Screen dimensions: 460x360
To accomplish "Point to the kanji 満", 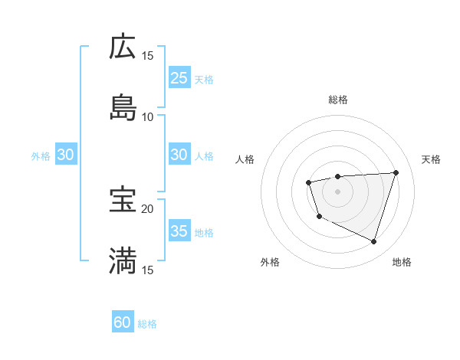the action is pos(123,260).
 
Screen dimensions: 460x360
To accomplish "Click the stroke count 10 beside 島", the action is pos(147,116).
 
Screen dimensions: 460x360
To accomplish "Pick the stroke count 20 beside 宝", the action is pos(147,208).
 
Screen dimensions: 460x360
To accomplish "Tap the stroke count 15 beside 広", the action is pos(147,56).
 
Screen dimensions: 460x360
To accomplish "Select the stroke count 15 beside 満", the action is pos(147,270).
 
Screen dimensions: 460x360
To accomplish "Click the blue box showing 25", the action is pos(179,77).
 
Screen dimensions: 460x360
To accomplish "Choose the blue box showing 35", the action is pos(179,231).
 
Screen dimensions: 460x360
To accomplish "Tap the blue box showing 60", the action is pos(123,322).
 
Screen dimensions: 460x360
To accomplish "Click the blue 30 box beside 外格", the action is pos(66,155).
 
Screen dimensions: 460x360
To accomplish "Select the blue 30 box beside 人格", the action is pos(179,155).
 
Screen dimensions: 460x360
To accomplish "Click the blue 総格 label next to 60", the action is pos(147,324).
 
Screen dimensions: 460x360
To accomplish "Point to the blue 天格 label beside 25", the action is pos(203,79).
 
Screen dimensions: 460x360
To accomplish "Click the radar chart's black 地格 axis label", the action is pos(402,263).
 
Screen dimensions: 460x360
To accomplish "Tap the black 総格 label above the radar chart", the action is pos(337,100).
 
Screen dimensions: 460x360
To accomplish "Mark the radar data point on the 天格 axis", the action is pos(396,172).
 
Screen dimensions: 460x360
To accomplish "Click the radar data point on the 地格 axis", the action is pos(373,241).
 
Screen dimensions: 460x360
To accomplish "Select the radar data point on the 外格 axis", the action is pos(319,217).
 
